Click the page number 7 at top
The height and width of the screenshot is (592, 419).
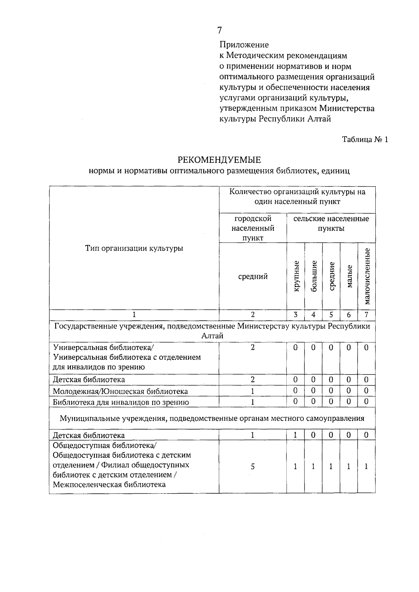(219, 30)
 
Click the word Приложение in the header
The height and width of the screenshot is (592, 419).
(244, 45)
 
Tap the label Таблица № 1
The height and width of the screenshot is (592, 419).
(365, 140)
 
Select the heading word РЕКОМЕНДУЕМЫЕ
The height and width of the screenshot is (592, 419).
(219, 160)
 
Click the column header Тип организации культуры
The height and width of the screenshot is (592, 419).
(134, 249)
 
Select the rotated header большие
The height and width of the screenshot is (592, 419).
(314, 276)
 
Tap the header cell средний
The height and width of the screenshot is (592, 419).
(253, 276)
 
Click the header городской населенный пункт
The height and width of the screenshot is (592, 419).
(253, 228)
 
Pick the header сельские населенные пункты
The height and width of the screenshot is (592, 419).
(331, 223)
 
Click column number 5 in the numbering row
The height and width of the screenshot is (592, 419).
(331, 314)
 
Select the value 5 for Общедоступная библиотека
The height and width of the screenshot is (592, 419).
(252, 466)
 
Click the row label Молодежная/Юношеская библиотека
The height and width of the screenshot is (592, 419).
(120, 391)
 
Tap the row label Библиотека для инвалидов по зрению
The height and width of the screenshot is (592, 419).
(121, 402)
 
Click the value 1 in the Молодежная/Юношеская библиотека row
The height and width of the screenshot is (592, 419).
(252, 391)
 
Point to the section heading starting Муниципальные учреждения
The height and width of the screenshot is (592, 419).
(212, 418)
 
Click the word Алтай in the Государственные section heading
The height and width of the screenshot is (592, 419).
(212, 336)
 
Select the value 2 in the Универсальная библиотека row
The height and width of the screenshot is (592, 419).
(252, 348)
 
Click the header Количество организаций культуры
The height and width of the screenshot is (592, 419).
(297, 197)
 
